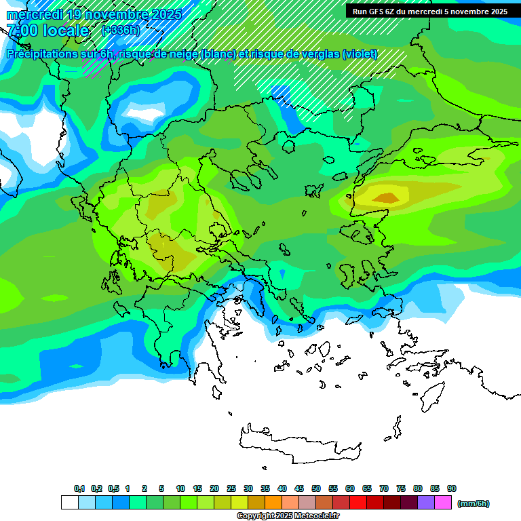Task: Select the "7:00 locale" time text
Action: pyautogui.click(x=47, y=31)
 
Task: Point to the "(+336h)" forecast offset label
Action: pyautogui.click(x=120, y=30)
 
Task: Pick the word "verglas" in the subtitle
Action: pyautogui.click(x=322, y=54)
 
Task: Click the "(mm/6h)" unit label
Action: pyautogui.click(x=473, y=503)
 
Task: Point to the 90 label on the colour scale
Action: pyautogui.click(x=452, y=488)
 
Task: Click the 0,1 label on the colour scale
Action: pyautogui.click(x=79, y=488)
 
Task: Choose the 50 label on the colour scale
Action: pyautogui.click(x=316, y=488)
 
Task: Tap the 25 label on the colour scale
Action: pyautogui.click(x=231, y=488)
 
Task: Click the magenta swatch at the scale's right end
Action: pyautogui.click(x=443, y=503)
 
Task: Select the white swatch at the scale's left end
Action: pyautogui.click(x=69, y=503)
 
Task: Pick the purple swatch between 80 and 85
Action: pyautogui.click(x=426, y=503)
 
